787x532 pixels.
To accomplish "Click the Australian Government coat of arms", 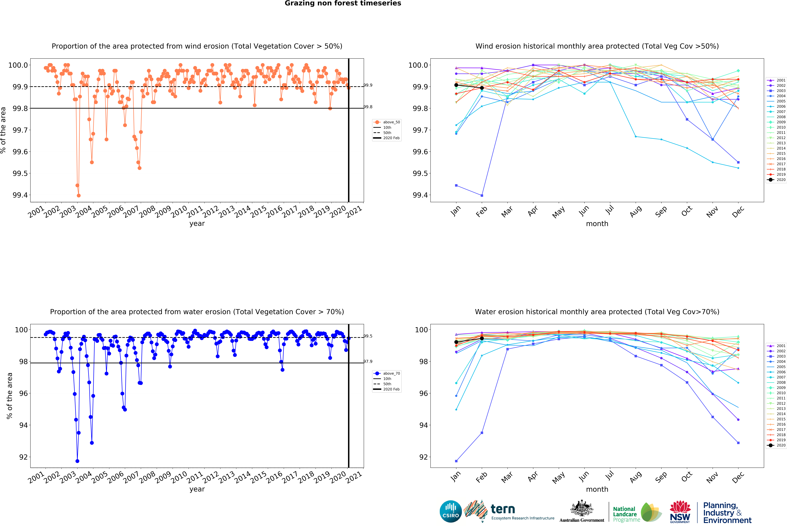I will [x=581, y=508].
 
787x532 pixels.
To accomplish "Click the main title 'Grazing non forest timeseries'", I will [x=343, y=3].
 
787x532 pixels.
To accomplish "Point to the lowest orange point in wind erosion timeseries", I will [x=79, y=195].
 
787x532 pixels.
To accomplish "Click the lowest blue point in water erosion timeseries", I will [x=77, y=461].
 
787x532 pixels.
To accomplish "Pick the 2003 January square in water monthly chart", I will [x=456, y=461].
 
